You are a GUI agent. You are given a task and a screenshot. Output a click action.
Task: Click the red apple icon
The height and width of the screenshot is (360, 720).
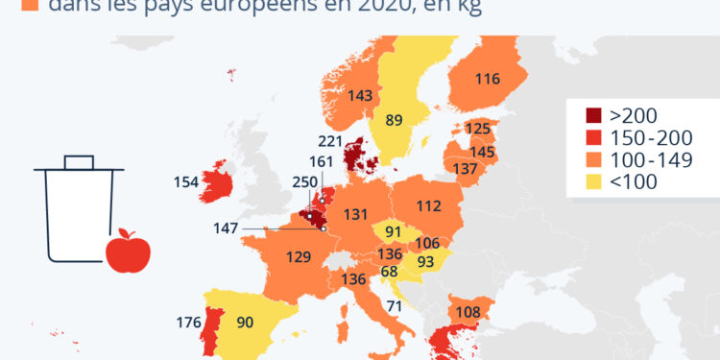tap(128, 252)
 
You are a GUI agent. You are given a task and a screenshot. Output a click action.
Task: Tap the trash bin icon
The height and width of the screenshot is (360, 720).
tap(79, 208)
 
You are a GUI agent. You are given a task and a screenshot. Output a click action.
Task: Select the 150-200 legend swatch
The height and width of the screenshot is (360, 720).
tap(584, 138)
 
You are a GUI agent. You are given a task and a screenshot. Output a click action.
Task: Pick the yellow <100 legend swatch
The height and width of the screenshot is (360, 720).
tap(584, 180)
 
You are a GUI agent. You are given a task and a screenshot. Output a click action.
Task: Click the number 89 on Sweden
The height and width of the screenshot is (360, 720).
tap(393, 120)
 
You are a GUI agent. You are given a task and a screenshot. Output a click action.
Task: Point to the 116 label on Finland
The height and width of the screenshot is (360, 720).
tap(487, 80)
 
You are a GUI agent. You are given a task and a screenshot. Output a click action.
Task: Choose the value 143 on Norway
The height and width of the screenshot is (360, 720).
tap(361, 96)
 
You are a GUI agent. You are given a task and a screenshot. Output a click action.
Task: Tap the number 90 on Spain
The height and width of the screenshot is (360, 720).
tap(245, 323)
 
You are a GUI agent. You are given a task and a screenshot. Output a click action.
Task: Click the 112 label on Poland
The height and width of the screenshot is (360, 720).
tap(429, 204)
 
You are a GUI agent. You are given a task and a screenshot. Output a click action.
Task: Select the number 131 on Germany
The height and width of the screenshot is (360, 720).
tap(356, 214)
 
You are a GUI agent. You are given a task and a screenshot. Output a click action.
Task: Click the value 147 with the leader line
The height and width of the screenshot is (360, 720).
tap(225, 228)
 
